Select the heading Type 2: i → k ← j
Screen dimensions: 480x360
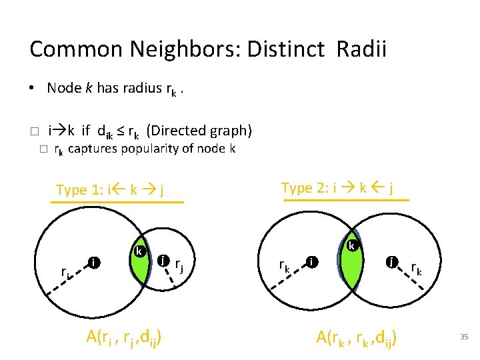pyautogui.click(x=337, y=188)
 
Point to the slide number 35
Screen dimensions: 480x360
pyautogui.click(x=464, y=337)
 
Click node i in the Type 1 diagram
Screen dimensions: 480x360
pyautogui.click(x=95, y=263)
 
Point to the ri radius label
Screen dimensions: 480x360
pyautogui.click(x=65, y=272)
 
